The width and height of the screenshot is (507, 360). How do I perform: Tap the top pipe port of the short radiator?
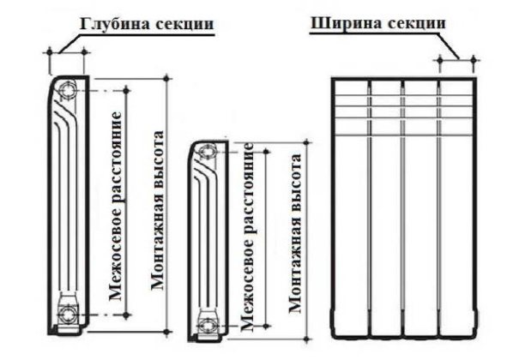(x=206, y=153)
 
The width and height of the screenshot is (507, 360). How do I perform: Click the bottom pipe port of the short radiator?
(x=206, y=325)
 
